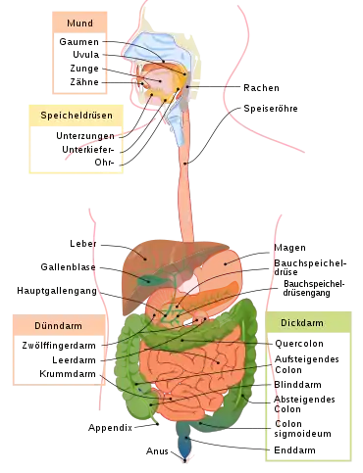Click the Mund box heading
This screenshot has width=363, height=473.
click(79, 24)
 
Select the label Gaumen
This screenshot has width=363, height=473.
click(78, 42)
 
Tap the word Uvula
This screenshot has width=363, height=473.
click(85, 55)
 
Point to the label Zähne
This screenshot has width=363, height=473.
click(84, 81)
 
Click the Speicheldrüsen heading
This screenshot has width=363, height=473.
click(77, 116)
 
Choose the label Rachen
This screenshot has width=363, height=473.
click(261, 88)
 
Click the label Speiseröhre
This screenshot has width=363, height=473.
click(271, 109)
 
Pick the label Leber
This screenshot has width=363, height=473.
click(83, 244)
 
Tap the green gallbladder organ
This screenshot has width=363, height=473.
click(148, 280)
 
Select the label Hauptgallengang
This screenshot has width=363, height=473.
click(57, 291)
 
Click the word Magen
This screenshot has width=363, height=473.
click(289, 248)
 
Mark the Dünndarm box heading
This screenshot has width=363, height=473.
click(58, 326)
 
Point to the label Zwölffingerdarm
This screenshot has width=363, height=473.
click(59, 346)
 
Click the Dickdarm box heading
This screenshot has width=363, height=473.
click(302, 323)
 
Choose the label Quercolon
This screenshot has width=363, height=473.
click(299, 344)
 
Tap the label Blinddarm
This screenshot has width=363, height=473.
click(297, 385)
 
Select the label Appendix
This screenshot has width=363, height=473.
click(110, 428)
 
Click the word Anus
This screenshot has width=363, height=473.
click(157, 451)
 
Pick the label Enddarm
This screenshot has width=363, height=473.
click(294, 450)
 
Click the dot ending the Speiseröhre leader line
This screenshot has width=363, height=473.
click(185, 164)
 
